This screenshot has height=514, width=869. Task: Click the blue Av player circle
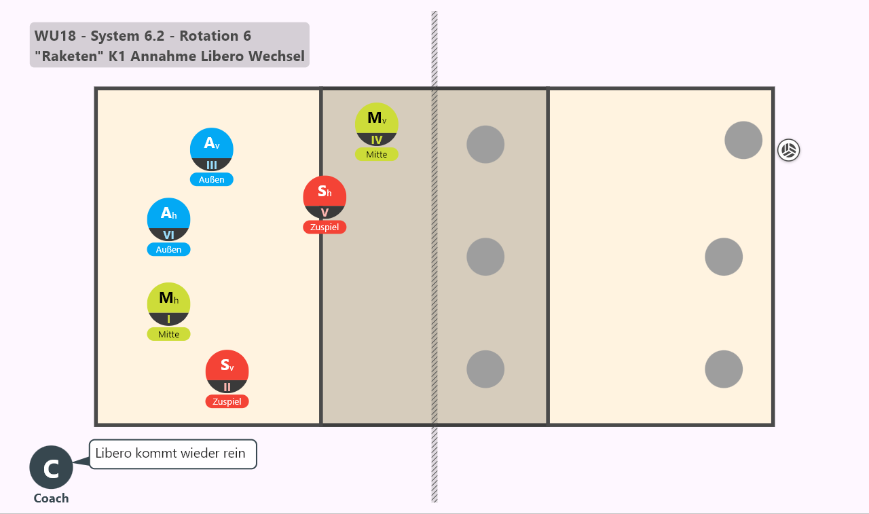point(211,149)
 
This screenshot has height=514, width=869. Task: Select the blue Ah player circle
point(168,219)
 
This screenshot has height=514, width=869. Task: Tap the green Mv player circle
point(376,124)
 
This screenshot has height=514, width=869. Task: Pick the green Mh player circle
point(168,304)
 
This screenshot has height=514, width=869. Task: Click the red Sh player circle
point(325,198)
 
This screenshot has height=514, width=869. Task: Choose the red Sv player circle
point(227,371)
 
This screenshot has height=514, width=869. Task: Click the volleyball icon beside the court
point(788,150)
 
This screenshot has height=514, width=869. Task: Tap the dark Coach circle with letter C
point(51,467)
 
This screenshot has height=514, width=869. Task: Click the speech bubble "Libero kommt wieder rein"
point(173,454)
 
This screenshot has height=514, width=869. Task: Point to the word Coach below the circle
point(51,498)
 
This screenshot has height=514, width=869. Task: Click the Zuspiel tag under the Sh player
point(325,227)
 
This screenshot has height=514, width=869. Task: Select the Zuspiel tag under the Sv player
point(227,401)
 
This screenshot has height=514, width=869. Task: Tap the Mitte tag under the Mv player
point(376,154)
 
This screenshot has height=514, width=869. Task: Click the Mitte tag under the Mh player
point(168,334)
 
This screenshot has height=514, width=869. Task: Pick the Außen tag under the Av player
point(211,180)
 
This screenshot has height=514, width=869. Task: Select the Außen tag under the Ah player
point(168,249)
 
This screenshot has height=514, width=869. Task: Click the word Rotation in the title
point(208,36)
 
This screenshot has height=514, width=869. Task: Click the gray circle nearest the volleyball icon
point(743,140)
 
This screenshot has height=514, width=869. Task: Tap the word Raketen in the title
point(69,56)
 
